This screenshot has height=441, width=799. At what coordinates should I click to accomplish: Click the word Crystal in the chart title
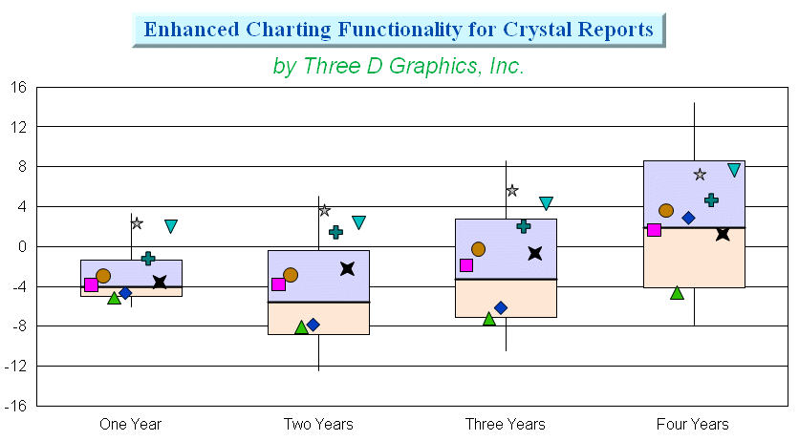(x=537, y=30)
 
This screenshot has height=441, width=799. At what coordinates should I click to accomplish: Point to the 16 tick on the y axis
(x=18, y=88)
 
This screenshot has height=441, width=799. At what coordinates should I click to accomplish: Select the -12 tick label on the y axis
(x=15, y=367)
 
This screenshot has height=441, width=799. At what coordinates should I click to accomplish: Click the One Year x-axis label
(x=130, y=424)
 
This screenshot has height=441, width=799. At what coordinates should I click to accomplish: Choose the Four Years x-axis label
(x=693, y=424)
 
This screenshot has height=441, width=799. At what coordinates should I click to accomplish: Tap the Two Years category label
(x=318, y=424)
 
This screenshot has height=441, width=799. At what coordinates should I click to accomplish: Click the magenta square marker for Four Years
(x=654, y=230)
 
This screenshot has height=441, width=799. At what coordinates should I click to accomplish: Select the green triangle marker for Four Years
(x=677, y=292)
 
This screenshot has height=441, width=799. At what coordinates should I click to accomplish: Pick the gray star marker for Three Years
(x=512, y=191)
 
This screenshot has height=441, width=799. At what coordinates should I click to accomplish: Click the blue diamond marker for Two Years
(x=313, y=325)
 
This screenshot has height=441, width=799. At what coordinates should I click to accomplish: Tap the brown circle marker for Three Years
(x=478, y=249)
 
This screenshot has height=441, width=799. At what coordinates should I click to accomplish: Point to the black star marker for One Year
(x=160, y=282)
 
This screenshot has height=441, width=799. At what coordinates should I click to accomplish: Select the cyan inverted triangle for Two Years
(x=358, y=222)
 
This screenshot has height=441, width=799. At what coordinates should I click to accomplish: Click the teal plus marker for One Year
(x=148, y=259)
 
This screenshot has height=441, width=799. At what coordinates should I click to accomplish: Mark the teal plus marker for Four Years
(x=711, y=199)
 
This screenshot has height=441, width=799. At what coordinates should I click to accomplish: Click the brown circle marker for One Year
(x=103, y=276)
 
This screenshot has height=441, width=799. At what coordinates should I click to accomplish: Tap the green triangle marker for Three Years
(x=489, y=319)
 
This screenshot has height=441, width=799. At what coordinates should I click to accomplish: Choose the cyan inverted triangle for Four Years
(x=734, y=170)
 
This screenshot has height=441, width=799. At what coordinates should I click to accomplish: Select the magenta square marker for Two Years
(x=279, y=284)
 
